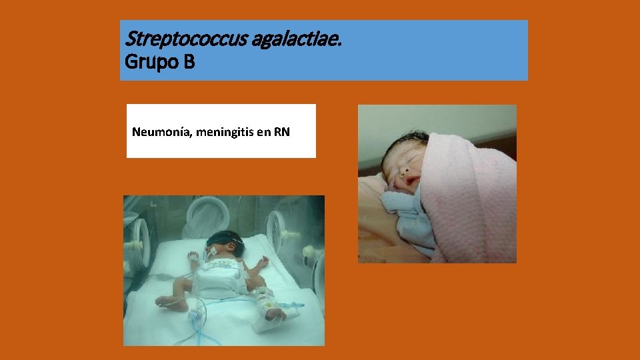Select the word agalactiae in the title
[297, 39]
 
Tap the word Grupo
[150, 63]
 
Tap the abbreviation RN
[282, 131]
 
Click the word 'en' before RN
[264, 132]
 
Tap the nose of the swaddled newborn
[403, 170]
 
